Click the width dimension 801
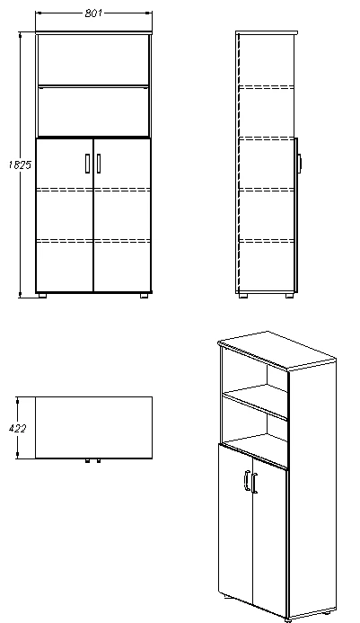[x=93, y=14]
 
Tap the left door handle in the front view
[x=88, y=162]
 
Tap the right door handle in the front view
[x=99, y=162]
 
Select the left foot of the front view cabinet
[x=43, y=294]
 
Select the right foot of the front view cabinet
[x=144, y=294]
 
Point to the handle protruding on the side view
[x=300, y=163]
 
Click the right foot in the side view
[x=288, y=294]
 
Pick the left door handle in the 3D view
[x=246, y=483]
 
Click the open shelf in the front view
[x=93, y=86]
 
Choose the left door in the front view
[x=65, y=216]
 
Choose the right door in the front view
[x=122, y=216]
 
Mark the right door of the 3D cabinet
[x=269, y=539]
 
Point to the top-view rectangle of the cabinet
[x=92, y=427]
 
